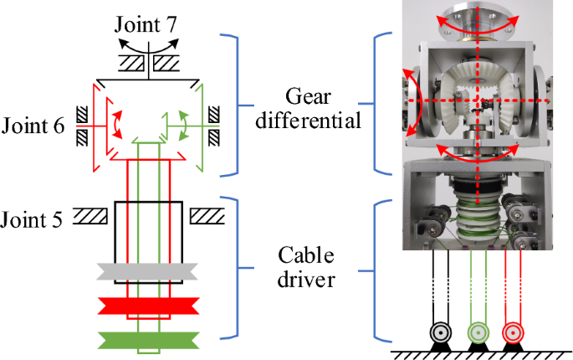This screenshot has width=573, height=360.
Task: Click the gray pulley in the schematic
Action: click(x=147, y=271)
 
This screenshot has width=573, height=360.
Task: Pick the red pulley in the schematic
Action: click(x=147, y=306)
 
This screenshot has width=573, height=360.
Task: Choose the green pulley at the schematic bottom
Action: click(x=147, y=340)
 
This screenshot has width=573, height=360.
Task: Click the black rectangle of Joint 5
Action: click(x=149, y=231)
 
